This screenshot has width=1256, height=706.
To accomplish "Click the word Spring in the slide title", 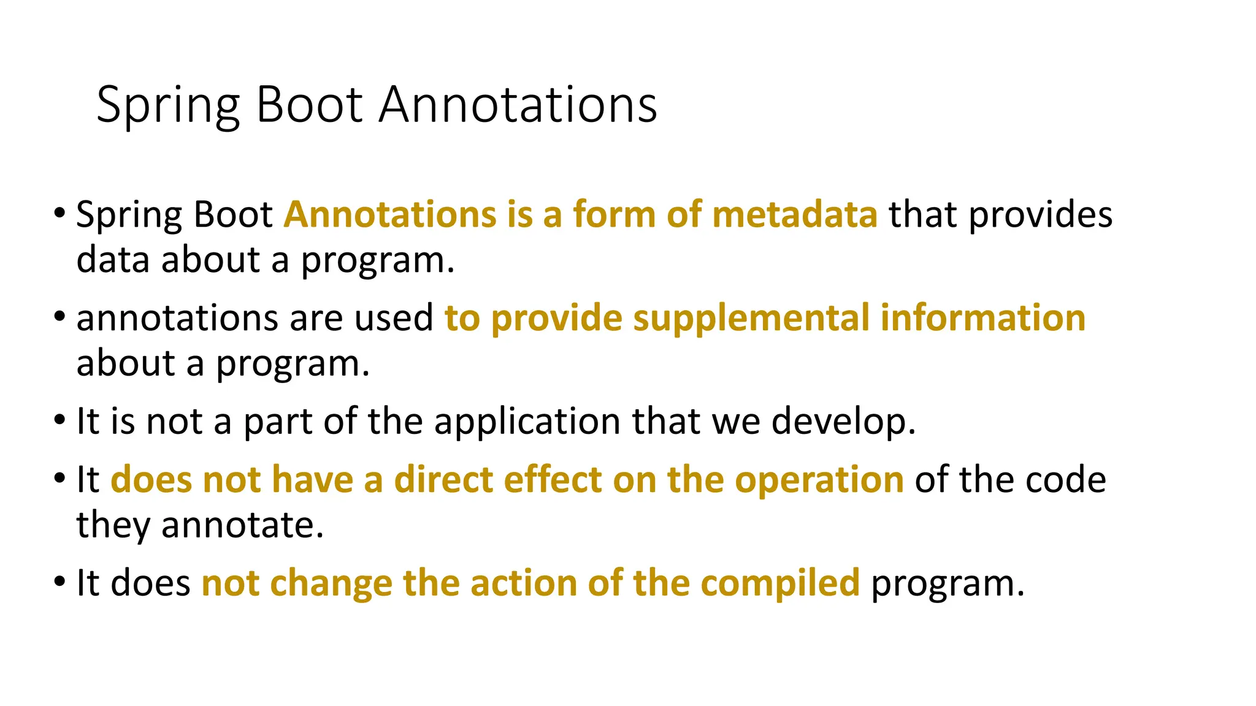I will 167,105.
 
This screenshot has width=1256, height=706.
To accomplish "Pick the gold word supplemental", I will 751,318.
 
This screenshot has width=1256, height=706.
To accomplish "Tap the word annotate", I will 242,525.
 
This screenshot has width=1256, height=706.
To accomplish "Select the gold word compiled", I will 780,583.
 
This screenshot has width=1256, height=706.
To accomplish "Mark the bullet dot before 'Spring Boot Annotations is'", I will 59,214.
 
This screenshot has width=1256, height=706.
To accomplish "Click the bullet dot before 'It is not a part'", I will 59,421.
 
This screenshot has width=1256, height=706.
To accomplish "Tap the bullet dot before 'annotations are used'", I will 59,317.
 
